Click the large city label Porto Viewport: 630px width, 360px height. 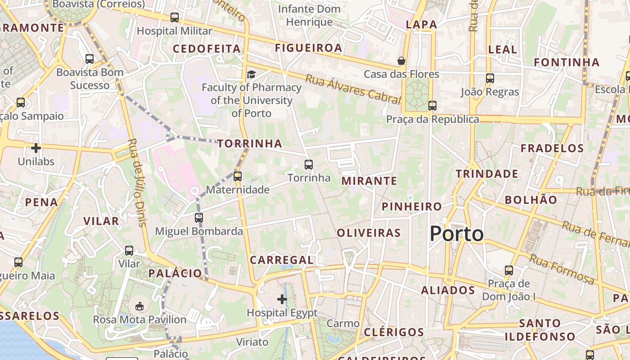coord(456,234)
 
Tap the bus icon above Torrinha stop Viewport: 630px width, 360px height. coord(308,165)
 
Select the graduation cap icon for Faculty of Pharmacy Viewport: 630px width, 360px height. coord(251,74)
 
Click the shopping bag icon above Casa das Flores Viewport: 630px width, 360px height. coord(401,61)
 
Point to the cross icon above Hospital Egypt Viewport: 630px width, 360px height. coord(282,299)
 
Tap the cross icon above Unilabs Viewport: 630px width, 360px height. coord(36,148)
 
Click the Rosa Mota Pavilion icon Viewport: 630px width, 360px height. coord(139,306)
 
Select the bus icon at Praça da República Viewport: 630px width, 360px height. coord(432,106)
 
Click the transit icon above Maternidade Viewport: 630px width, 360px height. coord(238,176)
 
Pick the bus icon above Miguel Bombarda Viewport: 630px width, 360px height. coord(198,218)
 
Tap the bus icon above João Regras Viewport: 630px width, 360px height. coord(490,78)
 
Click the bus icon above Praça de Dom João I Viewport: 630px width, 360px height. coord(508,270)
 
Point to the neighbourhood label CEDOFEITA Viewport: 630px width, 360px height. coord(207,49)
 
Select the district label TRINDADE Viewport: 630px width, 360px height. coord(487,174)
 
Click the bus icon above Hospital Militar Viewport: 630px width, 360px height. coord(174,18)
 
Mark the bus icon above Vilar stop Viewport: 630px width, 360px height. coord(129,250)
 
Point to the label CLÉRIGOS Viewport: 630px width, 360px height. coord(394,333)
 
